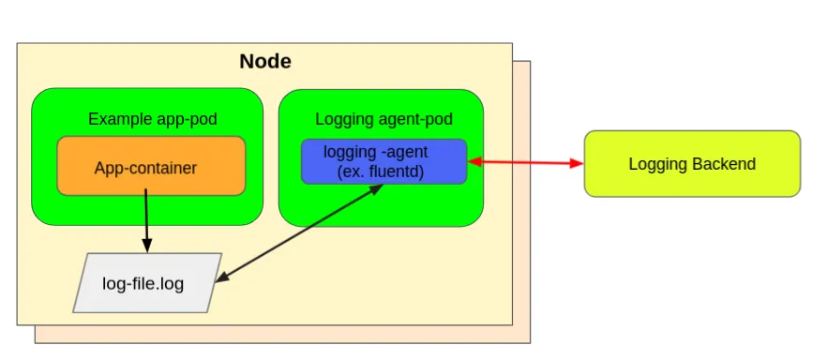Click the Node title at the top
point(264,62)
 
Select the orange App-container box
point(151,166)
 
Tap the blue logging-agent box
point(383,161)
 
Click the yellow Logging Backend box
point(692,164)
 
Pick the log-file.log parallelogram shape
point(147,282)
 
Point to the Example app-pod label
point(146,119)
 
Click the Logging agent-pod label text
point(383,119)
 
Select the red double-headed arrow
point(525,163)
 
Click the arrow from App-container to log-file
point(146,220)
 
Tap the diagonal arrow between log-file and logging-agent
point(300,232)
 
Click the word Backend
point(724,164)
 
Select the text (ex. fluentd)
point(383,172)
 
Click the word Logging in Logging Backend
point(659,164)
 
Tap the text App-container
point(145,169)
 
